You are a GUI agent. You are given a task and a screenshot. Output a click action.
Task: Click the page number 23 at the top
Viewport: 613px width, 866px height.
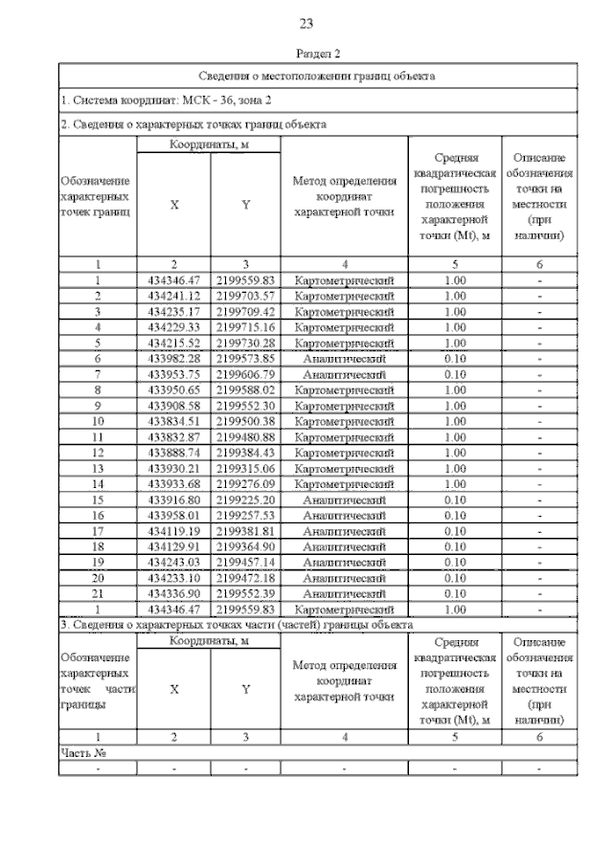coord(306,24)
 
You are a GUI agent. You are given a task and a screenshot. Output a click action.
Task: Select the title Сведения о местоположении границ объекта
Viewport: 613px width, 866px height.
coord(317,76)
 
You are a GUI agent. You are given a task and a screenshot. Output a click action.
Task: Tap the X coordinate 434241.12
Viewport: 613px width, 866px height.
coord(173,296)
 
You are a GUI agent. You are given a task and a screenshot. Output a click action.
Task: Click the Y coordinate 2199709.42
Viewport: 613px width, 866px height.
coord(245,311)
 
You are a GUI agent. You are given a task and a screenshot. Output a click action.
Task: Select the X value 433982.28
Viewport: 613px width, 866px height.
coord(173,358)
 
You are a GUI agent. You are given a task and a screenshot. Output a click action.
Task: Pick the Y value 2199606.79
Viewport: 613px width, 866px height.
coord(245,373)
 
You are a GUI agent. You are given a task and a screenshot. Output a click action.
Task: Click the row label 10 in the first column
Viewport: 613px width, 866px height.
coord(98,420)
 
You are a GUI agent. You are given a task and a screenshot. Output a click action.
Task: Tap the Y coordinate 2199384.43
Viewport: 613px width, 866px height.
coord(245,452)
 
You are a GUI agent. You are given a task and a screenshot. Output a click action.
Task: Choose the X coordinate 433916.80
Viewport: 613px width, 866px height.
coord(173,499)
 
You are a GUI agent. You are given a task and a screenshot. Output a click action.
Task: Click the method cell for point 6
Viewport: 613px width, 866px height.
coord(344,358)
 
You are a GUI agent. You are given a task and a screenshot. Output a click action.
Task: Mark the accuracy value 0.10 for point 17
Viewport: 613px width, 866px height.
coord(454,530)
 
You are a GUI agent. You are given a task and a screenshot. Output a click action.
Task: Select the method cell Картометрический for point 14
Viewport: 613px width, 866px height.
coord(344,483)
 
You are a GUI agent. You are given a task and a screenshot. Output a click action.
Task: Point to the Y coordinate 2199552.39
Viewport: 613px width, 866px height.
coord(245,592)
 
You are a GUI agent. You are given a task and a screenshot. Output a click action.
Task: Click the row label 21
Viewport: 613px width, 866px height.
coord(98,592)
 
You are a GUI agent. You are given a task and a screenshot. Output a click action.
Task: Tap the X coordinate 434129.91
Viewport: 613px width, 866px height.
coord(173,545)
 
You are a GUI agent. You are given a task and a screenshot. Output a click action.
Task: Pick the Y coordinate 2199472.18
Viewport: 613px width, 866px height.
coord(245,577)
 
